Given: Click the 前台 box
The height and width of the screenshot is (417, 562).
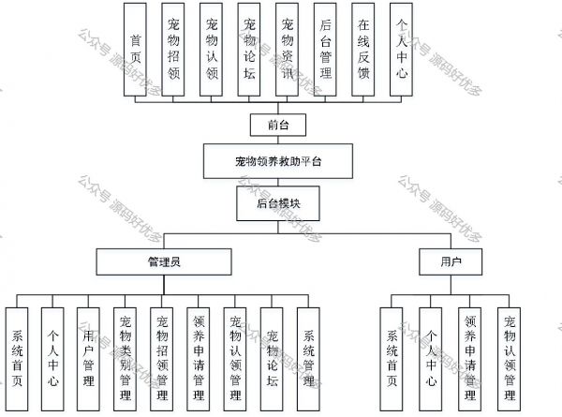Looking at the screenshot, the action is click(x=278, y=125).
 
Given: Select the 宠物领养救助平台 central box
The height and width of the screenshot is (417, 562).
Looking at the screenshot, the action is click(x=278, y=161).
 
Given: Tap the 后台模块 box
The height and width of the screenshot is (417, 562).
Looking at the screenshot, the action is click(x=278, y=203).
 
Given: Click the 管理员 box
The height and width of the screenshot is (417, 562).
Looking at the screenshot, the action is click(x=164, y=261).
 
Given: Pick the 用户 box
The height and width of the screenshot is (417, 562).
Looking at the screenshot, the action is click(x=451, y=261).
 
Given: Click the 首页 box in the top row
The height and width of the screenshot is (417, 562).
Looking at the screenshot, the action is click(x=135, y=50).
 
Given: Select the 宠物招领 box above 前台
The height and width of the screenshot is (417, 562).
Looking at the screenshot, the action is click(x=173, y=50).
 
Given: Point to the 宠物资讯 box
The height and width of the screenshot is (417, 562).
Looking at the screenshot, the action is click(x=288, y=50).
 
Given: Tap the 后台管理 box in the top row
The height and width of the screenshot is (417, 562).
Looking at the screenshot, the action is click(x=325, y=50).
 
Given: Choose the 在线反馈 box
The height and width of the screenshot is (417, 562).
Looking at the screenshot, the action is click(x=363, y=50).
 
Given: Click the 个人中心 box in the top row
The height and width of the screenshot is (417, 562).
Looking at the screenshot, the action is click(x=401, y=50).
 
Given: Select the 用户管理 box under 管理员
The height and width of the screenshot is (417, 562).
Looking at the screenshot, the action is click(x=88, y=359).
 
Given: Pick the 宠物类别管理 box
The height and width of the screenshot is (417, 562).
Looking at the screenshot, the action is click(x=126, y=359).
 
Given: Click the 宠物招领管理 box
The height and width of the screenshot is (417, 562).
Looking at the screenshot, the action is click(x=162, y=359).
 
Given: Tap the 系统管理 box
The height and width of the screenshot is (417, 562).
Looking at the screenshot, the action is click(x=308, y=359).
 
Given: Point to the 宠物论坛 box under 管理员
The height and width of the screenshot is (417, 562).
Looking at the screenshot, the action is click(x=272, y=359).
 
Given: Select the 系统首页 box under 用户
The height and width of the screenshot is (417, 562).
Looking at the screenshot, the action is click(x=392, y=359).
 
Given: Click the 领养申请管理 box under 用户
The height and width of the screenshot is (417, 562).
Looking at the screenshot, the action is click(x=470, y=359).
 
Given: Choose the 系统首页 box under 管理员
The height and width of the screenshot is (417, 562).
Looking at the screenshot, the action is click(x=17, y=359).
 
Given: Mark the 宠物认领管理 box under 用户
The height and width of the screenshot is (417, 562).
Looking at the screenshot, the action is click(x=509, y=359).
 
